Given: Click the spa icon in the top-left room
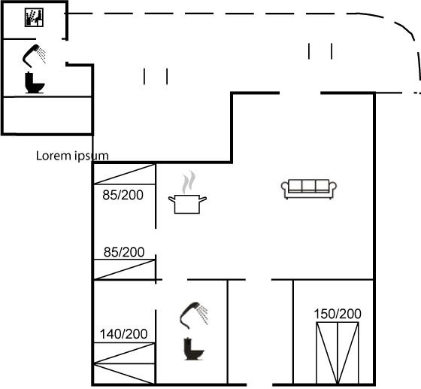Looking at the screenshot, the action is tap(34, 17).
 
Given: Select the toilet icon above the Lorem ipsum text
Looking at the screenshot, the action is tap(35, 83).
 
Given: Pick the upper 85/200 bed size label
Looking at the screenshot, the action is tap(123, 195).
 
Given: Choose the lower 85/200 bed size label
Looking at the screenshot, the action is tap(124, 252).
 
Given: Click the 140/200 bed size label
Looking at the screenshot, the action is tap(123, 334).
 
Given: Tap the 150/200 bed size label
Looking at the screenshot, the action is tap(338, 314).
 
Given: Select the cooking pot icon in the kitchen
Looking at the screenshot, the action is tap(187, 204).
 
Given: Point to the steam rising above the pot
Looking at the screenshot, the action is tap(189, 181).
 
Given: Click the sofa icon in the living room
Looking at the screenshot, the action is tap(309, 189).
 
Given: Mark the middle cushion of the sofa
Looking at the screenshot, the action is tap(309, 185).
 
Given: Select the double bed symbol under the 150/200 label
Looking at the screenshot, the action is tap(338, 353).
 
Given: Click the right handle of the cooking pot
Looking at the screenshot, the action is tap(203, 199).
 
